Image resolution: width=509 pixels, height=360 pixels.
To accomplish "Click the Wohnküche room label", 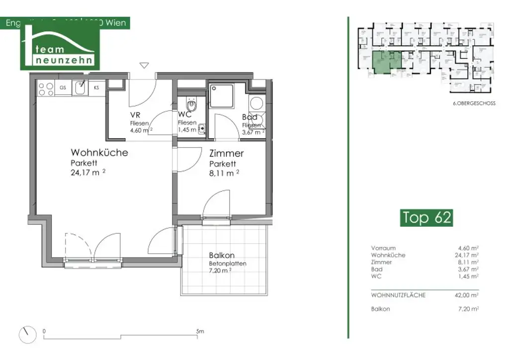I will click(x=99, y=152).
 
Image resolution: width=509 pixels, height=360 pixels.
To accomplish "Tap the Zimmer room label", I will click(x=226, y=154).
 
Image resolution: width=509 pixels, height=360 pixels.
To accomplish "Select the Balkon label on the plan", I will click(x=221, y=255).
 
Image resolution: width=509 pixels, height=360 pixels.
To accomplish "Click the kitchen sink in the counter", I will click(x=80, y=89).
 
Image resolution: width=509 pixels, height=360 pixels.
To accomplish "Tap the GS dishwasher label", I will click(x=63, y=88).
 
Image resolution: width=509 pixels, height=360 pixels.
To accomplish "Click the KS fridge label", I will click(x=96, y=88).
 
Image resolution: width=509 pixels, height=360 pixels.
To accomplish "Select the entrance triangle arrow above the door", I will click(x=144, y=65).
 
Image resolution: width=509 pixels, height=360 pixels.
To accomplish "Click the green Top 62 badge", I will click(x=426, y=218).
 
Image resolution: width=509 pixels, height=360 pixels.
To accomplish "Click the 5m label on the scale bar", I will click(x=200, y=331).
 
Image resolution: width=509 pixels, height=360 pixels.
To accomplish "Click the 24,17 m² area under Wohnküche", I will click(x=88, y=173).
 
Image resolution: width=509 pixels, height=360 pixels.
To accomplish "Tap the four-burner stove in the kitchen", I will click(x=46, y=89).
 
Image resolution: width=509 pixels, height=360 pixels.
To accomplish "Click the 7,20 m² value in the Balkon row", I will click(x=469, y=309).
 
